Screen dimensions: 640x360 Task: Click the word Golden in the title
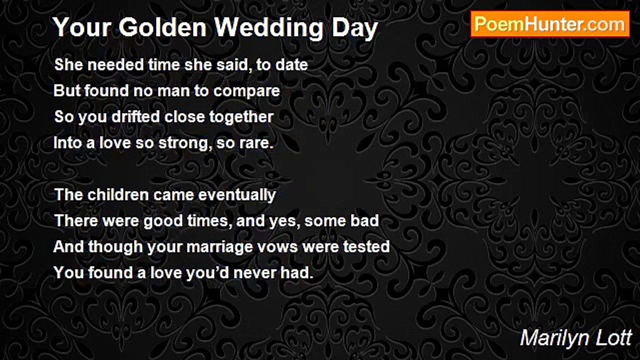tap(162, 27)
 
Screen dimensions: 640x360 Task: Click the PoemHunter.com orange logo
tap(550, 24)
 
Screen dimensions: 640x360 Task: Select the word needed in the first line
tap(115, 64)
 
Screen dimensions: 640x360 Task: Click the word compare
tap(246, 91)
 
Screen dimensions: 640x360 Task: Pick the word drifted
tap(135, 116)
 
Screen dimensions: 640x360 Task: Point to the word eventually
tap(237, 195)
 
